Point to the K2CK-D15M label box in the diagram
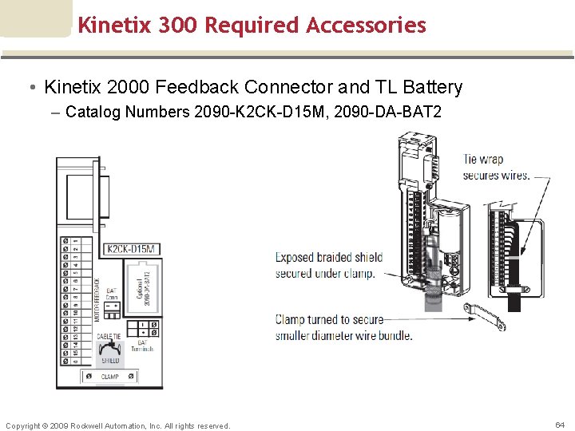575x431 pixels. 132,249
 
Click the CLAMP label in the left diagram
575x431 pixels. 109,376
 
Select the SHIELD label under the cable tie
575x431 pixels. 109,361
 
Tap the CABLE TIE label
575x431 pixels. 110,336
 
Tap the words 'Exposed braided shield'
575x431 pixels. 328,258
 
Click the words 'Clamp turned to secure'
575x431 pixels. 329,320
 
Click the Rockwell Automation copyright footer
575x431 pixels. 117,425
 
